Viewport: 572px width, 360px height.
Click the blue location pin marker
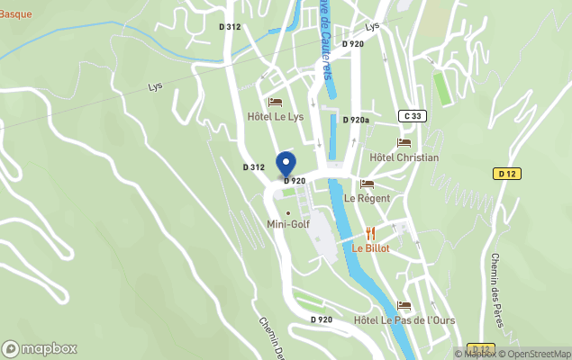point(286,164)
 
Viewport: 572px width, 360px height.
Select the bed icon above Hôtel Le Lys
point(275,102)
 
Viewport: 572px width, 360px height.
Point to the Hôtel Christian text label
point(404,157)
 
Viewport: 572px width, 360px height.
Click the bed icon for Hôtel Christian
point(404,142)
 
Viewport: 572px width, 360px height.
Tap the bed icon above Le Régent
point(368,184)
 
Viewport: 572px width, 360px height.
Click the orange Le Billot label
point(370,248)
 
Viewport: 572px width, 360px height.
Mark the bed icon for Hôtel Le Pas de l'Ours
point(404,306)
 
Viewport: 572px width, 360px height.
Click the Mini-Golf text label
point(288,225)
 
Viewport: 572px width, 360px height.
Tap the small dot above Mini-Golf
point(288,212)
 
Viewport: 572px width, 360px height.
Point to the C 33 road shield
point(413,115)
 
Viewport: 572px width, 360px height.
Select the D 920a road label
point(356,120)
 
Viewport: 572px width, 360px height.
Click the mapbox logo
point(40,348)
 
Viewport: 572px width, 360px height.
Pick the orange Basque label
point(15,13)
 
